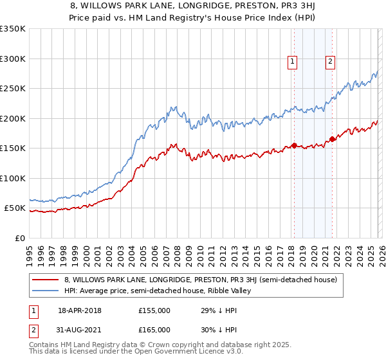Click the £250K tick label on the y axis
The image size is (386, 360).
pos(13,89)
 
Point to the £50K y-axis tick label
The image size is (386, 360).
pos(15,208)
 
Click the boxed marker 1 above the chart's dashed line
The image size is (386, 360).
pos(293,62)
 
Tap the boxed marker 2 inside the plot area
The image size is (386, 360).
pos(330,62)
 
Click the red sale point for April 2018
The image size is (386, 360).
pos(294,145)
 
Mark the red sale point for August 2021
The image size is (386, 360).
pos(333,139)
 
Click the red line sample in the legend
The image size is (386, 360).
pos(46,280)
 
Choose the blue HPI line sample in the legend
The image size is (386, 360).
pos(46,291)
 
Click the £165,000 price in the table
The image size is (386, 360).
pos(154,330)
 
